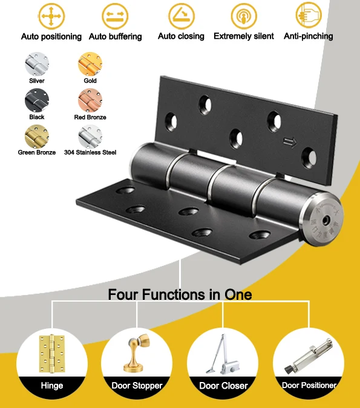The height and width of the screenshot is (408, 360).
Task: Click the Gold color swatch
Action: pyautogui.click(x=90, y=64)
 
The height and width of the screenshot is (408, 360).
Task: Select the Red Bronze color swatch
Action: pyautogui.click(x=90, y=100)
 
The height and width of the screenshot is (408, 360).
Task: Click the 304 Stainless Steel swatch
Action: pyautogui.click(x=90, y=136)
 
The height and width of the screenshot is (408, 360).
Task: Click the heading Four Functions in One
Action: pyautogui.click(x=180, y=295)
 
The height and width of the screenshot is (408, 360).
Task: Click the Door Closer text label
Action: pyautogui.click(x=223, y=385)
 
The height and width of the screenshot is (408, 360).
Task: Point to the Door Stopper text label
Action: pyautogui.click(x=137, y=385)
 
